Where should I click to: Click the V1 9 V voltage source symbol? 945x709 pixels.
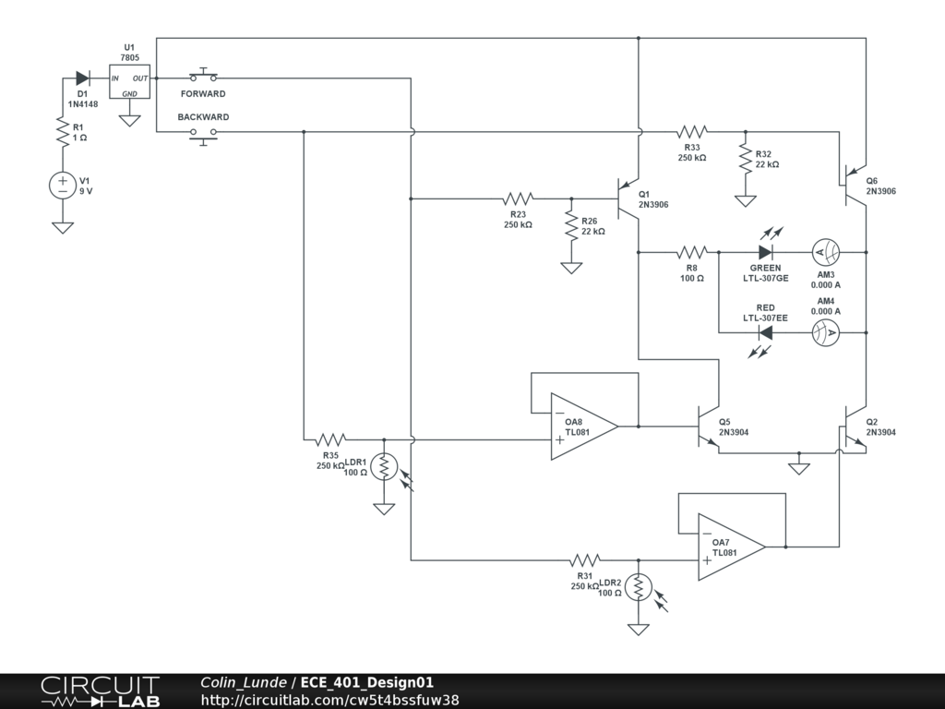[x=63, y=185]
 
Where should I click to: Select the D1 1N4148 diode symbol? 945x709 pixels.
[x=82, y=78]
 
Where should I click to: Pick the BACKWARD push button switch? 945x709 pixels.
[x=203, y=133]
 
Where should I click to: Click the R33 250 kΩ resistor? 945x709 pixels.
[x=691, y=132]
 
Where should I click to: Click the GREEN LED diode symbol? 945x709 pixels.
[x=765, y=252]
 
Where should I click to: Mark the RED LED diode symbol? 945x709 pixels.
[x=765, y=332]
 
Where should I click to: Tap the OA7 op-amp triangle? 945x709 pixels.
[x=730, y=547]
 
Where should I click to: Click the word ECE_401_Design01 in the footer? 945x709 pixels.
[x=367, y=683]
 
